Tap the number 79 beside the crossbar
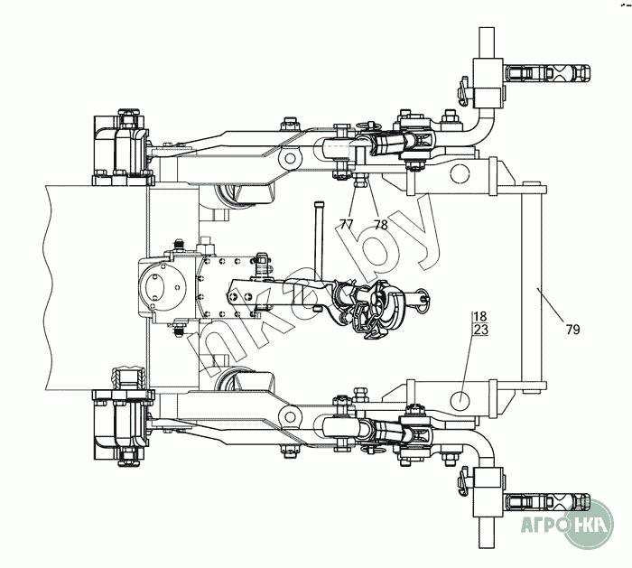coord(572,330)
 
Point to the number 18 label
coord(479,316)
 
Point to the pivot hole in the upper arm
coord(290,159)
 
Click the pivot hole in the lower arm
coord(290,415)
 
